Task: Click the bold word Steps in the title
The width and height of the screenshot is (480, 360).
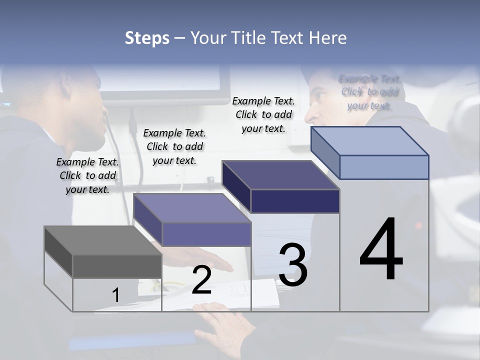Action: click(x=147, y=38)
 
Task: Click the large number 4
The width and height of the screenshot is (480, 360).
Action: click(x=381, y=250)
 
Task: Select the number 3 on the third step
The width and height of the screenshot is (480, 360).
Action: click(x=293, y=265)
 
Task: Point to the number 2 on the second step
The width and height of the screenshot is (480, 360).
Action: click(x=201, y=280)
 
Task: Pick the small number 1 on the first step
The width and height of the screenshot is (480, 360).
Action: click(x=115, y=295)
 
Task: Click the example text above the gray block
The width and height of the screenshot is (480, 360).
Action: click(x=87, y=175)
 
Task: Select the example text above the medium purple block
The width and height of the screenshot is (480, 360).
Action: click(x=174, y=146)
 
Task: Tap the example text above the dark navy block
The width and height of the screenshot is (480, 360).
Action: click(x=263, y=114)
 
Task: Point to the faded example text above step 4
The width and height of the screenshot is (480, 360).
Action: click(x=369, y=92)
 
